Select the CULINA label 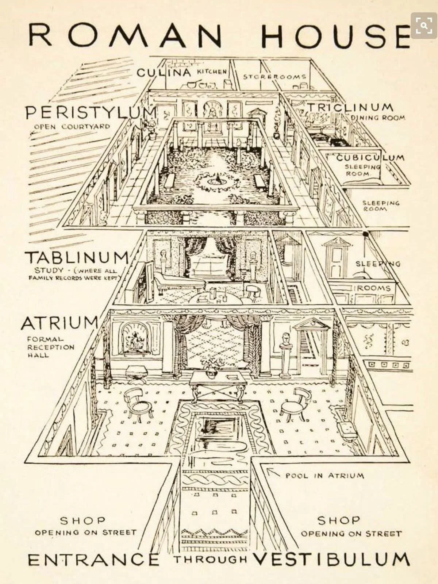[x=164, y=72]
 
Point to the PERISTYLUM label [x=91, y=112]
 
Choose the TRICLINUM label [x=350, y=107]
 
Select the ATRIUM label [x=59, y=323]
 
